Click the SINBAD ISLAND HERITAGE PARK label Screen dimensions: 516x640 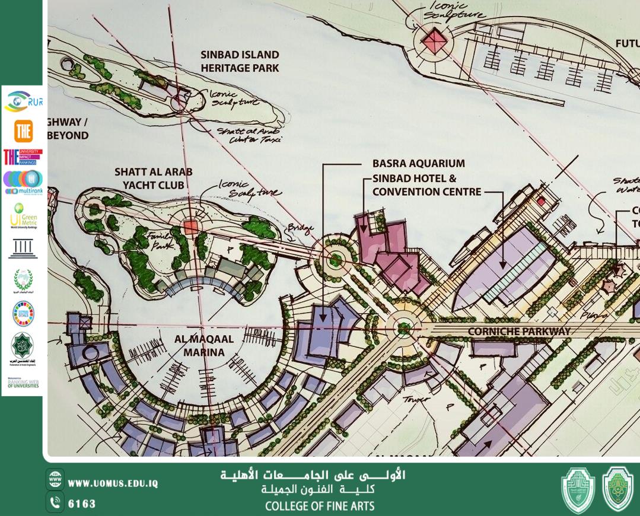point(240,61)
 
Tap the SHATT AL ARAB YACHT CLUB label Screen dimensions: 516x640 point(153,178)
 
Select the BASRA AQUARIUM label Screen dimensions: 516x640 point(418,163)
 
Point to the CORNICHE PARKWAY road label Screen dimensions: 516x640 point(520,331)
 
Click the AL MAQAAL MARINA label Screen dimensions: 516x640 point(203,346)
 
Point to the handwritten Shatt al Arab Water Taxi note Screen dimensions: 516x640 point(250,135)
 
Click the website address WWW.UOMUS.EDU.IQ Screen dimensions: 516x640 point(113,483)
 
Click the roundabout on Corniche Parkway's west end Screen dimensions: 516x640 point(404,326)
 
